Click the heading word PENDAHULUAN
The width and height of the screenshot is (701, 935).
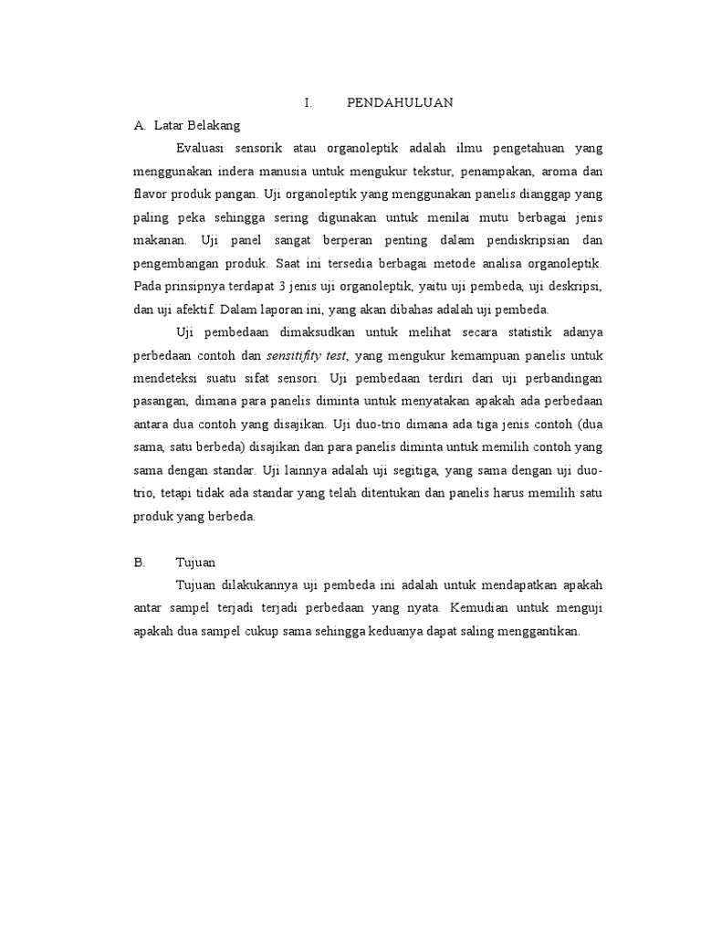400,103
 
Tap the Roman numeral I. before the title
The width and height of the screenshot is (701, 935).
309,103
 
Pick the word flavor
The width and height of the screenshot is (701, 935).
152,194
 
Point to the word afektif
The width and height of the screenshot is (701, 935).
192,310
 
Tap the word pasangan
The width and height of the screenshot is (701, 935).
161,401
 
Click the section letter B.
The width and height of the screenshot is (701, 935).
139,562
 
